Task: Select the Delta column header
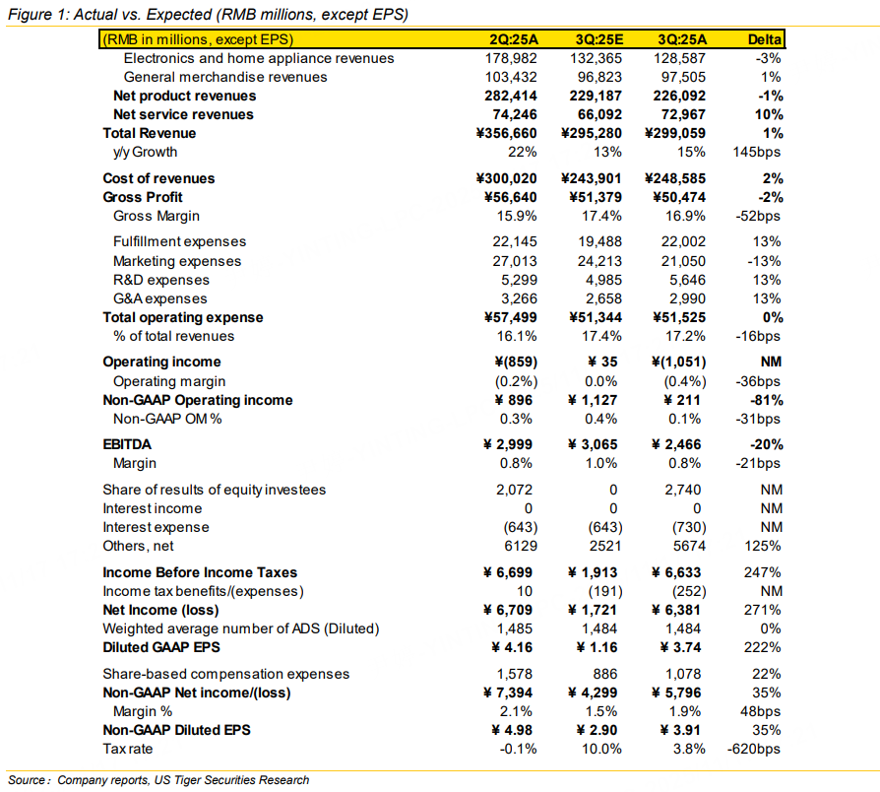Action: pyautogui.click(x=765, y=40)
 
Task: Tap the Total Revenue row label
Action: pyautogui.click(x=150, y=133)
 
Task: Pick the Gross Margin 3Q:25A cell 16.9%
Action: pyautogui.click(x=685, y=216)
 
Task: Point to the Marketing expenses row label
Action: pyautogui.click(x=177, y=261)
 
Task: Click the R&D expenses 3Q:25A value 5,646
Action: pyautogui.click(x=685, y=280)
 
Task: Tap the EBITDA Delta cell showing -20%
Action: pyautogui.click(x=765, y=444)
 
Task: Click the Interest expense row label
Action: pyautogui.click(x=156, y=527)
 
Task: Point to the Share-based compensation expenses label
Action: pyautogui.click(x=226, y=674)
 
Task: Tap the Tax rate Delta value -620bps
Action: pyautogui.click(x=756, y=749)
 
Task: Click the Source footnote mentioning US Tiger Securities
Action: pyautogui.click(x=157, y=780)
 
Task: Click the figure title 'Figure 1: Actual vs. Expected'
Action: pyautogui.click(x=207, y=13)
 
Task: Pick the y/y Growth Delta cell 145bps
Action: pyautogui.click(x=759, y=152)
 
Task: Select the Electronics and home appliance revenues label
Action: pyautogui.click(x=259, y=59)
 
